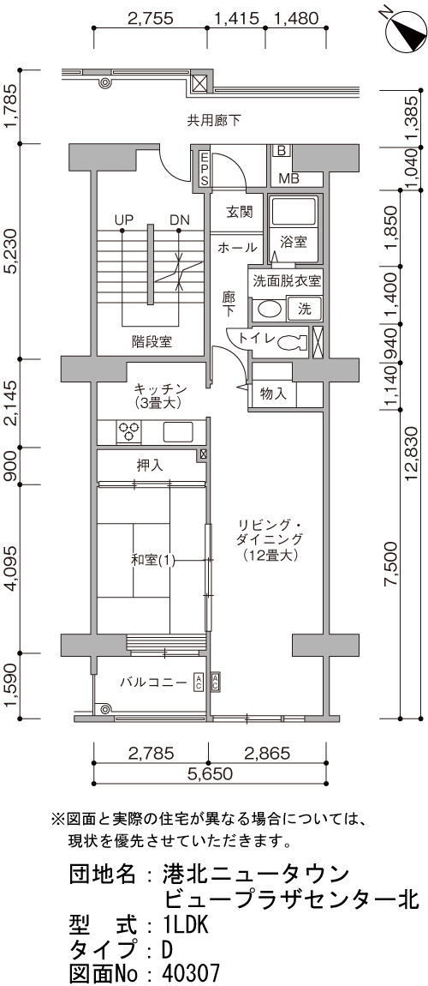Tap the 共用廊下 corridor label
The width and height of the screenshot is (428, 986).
point(214,121)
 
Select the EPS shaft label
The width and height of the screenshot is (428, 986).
point(205,169)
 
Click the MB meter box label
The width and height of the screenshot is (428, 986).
point(289,179)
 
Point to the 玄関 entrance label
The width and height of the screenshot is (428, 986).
point(239,211)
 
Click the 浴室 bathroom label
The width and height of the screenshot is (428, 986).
point(294,242)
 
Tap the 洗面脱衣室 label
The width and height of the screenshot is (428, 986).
point(286,280)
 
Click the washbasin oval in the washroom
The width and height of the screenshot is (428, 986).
point(269,309)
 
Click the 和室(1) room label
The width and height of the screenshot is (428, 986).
point(153,561)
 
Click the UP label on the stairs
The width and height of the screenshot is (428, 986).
point(125,220)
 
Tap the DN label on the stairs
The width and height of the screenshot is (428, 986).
point(179,220)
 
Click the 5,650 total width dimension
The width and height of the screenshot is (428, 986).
point(210,773)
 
